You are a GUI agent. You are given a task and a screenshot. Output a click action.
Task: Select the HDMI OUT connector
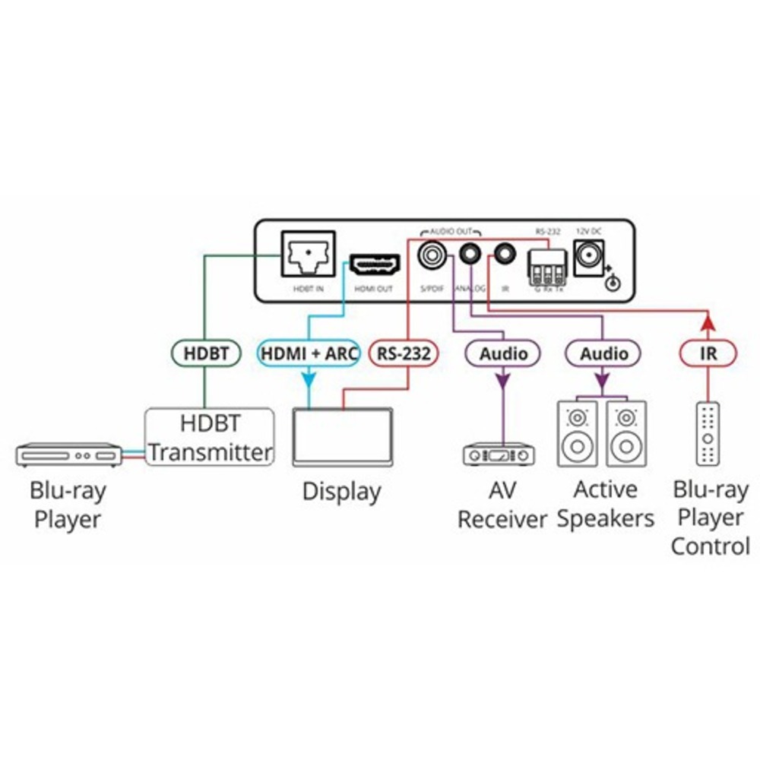coord(374,265)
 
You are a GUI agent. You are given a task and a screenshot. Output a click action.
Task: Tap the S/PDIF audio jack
coord(434,253)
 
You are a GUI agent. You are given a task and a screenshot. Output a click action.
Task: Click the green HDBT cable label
coord(204,353)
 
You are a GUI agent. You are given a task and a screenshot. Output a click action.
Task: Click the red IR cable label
coord(707,353)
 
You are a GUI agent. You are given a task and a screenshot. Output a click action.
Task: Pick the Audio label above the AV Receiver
coord(503,353)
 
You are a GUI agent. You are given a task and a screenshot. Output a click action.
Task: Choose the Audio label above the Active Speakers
coord(604,353)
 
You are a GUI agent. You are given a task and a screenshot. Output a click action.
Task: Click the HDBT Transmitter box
coord(210,438)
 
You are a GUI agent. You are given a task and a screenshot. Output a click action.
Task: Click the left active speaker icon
coord(580,434)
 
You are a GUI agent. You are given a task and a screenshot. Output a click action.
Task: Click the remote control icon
coord(708,435)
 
